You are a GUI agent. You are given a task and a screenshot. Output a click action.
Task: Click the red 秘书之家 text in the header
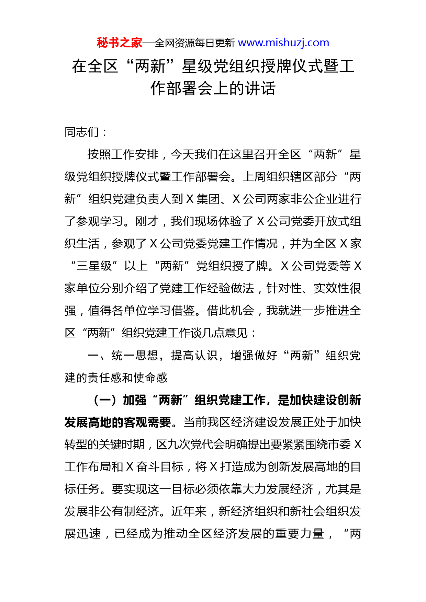tap(119, 43)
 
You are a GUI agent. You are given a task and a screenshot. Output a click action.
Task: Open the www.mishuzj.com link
tap(283, 43)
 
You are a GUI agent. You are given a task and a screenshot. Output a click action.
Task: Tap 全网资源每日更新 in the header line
tap(194, 43)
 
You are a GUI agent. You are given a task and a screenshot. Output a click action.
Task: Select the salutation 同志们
tap(82, 132)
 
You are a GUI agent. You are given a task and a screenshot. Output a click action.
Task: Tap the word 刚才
tap(147, 221)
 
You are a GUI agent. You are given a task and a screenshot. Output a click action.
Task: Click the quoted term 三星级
tap(94, 266)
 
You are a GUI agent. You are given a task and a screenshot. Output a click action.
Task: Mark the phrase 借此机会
tap(231, 311)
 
